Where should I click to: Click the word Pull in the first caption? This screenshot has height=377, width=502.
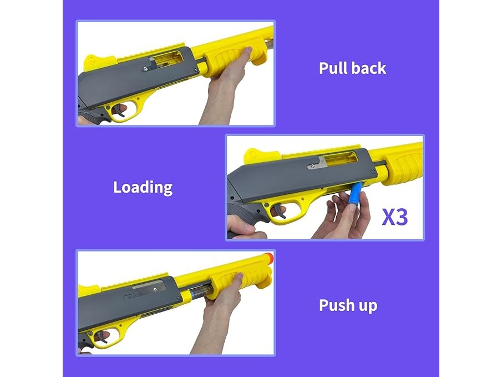(333, 68)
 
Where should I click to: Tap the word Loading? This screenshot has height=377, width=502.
(143, 188)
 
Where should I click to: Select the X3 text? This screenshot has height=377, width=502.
(395, 217)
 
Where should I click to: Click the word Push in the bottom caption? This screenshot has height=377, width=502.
(336, 305)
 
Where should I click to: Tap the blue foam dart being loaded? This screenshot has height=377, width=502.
(356, 193)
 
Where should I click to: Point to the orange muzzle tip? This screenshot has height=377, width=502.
(268, 258)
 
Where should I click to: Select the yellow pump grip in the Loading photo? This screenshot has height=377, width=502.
(403, 167)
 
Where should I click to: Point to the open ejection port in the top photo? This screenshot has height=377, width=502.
(166, 61)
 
